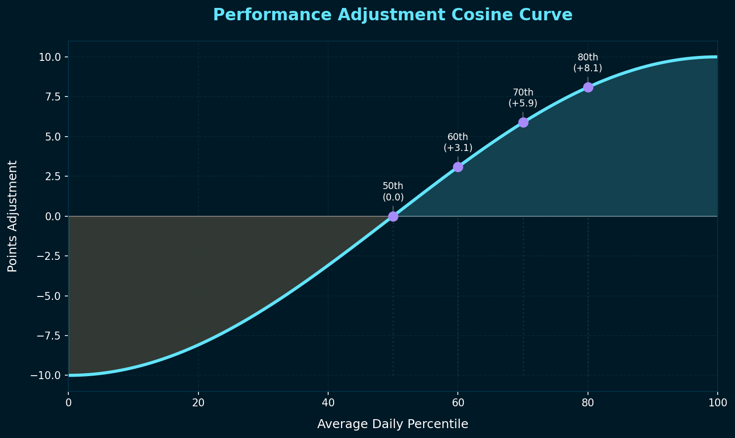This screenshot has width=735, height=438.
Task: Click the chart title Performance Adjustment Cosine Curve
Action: [392, 15]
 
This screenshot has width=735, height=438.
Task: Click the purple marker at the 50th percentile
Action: [393, 216]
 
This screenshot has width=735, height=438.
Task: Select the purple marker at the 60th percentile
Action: [458, 167]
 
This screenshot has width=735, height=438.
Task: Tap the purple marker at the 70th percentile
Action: [523, 122]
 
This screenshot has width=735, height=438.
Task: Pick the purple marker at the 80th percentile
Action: [588, 87]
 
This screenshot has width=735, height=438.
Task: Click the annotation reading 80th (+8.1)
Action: [588, 63]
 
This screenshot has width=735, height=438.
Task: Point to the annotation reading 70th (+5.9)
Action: [523, 98]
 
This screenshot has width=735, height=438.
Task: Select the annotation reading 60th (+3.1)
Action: [458, 143]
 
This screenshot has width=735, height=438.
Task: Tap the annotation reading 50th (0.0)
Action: [393, 192]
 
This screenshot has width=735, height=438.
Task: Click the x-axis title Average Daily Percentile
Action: [392, 424]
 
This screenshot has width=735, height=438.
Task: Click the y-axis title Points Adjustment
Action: [13, 216]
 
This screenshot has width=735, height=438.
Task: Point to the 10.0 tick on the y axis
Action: [50, 57]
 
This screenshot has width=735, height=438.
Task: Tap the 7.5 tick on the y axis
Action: [52, 97]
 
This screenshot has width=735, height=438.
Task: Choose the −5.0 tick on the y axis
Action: [48, 296]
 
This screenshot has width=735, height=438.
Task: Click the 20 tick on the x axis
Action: [198, 403]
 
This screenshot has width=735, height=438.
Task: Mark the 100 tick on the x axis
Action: [717, 403]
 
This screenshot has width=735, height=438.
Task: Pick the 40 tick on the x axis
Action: [328, 403]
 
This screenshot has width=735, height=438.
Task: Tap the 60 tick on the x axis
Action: [458, 403]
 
